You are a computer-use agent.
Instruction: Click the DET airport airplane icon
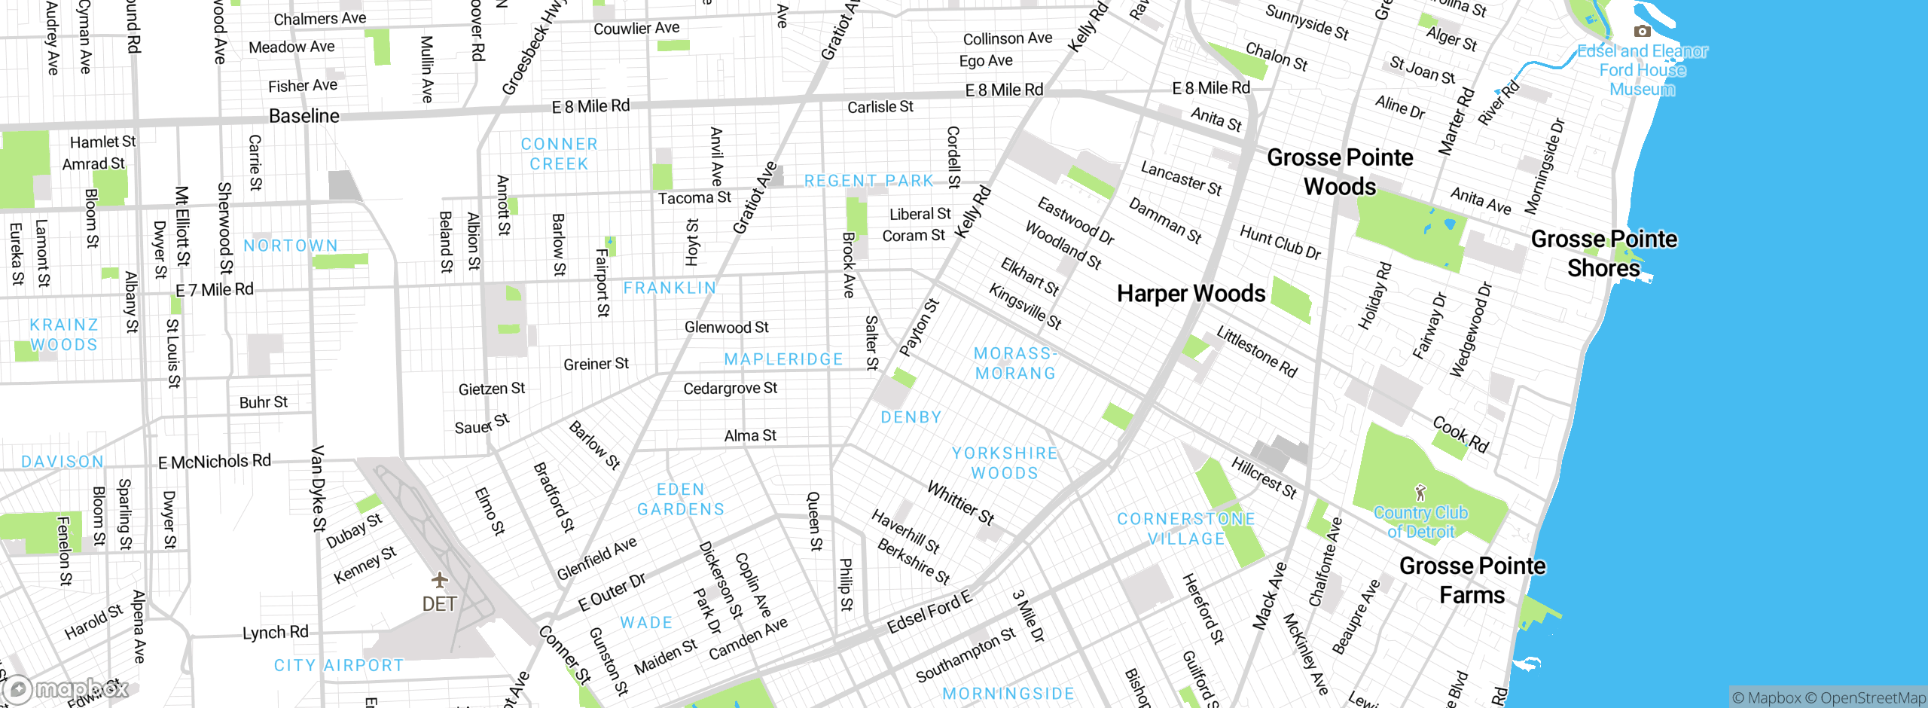[440, 580]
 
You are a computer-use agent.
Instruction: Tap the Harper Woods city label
[1191, 294]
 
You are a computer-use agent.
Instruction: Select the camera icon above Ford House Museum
[1642, 31]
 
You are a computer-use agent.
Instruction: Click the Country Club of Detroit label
[1420, 522]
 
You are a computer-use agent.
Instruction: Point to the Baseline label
[304, 116]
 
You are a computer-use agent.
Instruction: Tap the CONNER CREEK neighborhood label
[559, 154]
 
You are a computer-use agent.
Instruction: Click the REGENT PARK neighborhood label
[868, 181]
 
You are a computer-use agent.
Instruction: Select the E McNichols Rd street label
[215, 461]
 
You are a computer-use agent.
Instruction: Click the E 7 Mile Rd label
[215, 290]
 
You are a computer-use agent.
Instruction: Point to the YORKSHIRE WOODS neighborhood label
[1005, 462]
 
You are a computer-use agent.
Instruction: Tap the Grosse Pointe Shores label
[1603, 253]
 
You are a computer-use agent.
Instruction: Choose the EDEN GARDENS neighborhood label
[681, 499]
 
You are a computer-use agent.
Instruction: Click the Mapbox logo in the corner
[66, 688]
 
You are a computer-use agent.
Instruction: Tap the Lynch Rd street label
[276, 633]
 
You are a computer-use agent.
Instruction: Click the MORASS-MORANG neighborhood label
[1015, 363]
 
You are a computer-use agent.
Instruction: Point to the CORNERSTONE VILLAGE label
[1186, 529]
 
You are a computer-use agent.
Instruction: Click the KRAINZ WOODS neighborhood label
[64, 334]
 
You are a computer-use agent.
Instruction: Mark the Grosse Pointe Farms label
[1472, 580]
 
